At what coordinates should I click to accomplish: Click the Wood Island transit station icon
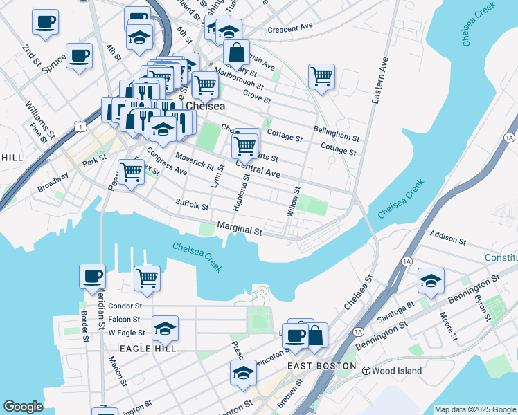pyautogui.click(x=366, y=371)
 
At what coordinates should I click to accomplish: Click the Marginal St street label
pyautogui.click(x=240, y=229)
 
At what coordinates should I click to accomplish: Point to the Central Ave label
pyautogui.click(x=258, y=169)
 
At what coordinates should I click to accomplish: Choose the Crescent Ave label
pyautogui.click(x=291, y=28)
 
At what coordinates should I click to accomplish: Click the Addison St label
pyautogui.click(x=447, y=239)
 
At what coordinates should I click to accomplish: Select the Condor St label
pyautogui.click(x=125, y=306)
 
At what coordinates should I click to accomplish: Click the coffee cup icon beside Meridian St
pyautogui.click(x=92, y=276)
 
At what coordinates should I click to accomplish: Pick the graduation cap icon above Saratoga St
pyautogui.click(x=431, y=280)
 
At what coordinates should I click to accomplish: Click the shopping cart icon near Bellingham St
pyautogui.click(x=321, y=76)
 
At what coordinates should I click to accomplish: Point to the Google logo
pyautogui.click(x=23, y=407)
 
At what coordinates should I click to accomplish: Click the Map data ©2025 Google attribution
pyautogui.click(x=475, y=409)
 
